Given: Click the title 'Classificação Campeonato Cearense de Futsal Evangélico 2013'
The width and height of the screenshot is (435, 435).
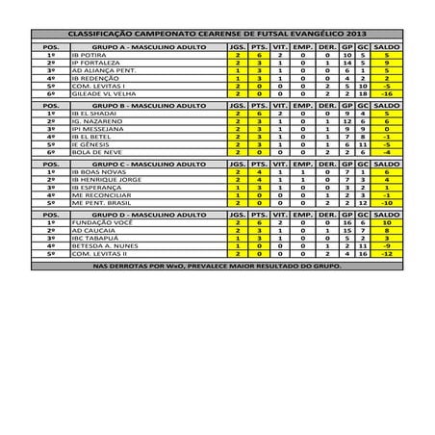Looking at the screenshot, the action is click(x=217, y=34).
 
